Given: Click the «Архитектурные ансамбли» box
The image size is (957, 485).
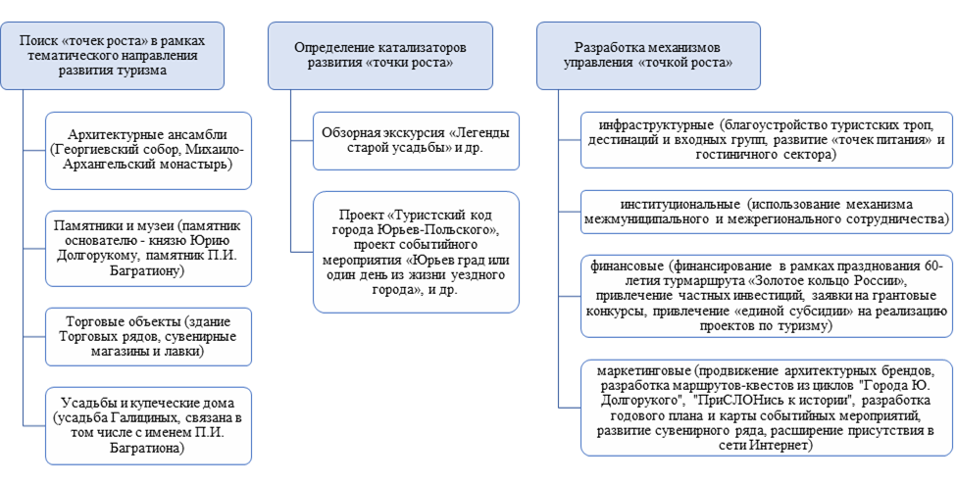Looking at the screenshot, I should click(x=148, y=149).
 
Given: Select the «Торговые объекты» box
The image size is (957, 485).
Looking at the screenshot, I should click(x=148, y=335).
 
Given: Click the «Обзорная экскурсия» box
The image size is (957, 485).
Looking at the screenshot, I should click(x=417, y=140).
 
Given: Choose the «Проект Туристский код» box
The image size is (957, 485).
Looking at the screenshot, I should click(x=417, y=251).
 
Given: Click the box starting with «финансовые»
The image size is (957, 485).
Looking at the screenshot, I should click(x=766, y=296).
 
